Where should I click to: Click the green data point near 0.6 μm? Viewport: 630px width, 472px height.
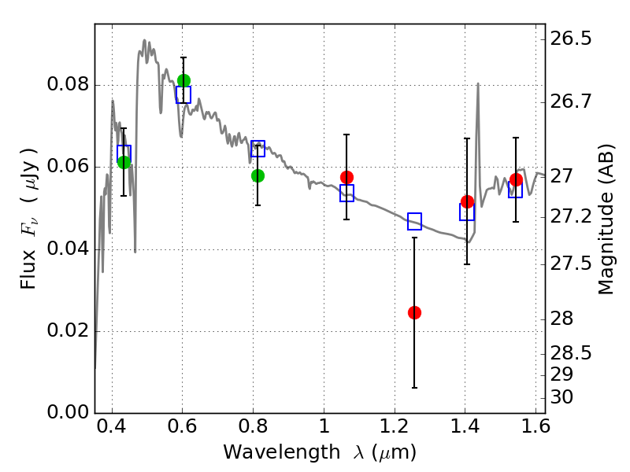point(183,80)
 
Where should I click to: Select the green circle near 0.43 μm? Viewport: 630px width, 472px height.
point(124,162)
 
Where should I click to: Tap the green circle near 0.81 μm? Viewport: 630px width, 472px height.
point(258,175)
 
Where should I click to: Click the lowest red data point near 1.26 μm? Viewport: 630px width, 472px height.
point(414,312)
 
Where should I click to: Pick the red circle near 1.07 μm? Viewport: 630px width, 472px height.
point(346,177)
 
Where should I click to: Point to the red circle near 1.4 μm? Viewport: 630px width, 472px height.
point(467,202)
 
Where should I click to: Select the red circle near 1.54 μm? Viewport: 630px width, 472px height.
point(516,180)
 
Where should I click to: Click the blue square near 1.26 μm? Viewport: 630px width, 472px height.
point(414,221)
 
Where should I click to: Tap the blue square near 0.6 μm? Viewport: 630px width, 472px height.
point(183,94)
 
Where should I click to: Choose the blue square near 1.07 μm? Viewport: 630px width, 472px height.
point(346,193)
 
